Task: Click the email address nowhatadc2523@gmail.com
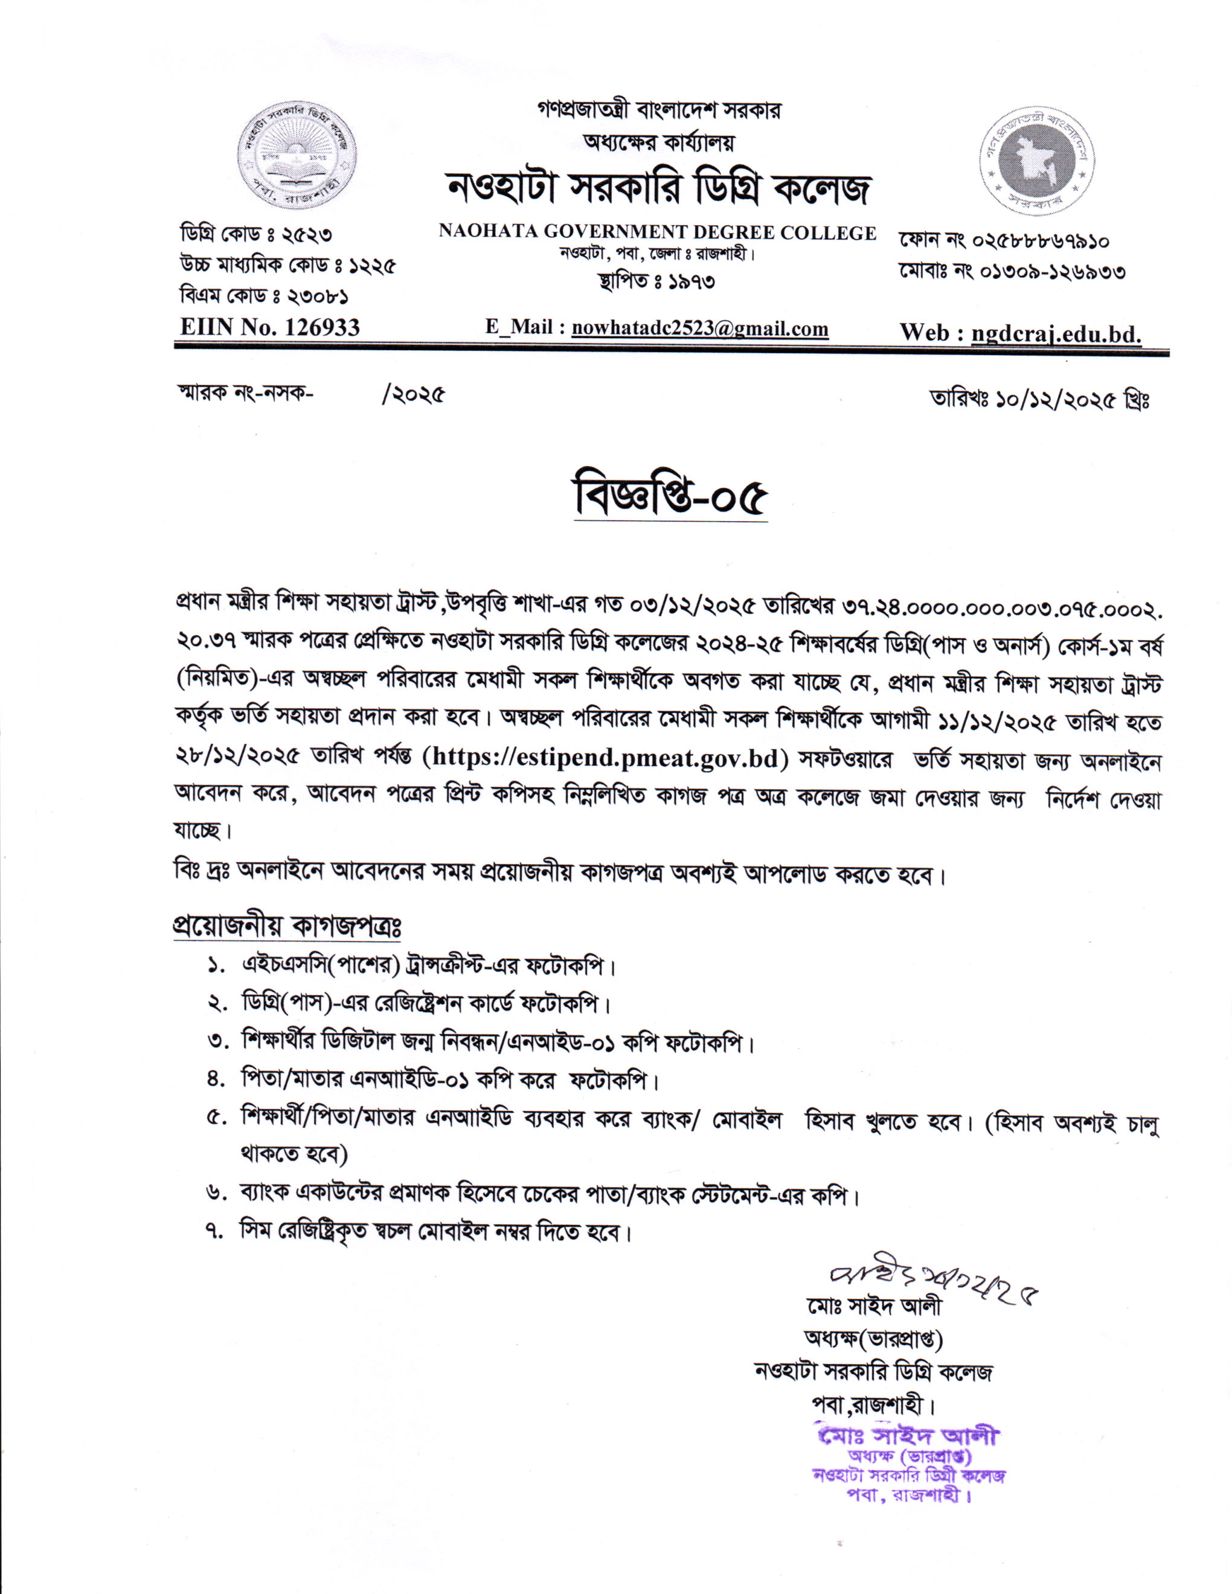[699, 328]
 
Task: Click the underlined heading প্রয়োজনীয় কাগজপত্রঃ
[287, 926]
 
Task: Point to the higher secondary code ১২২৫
[374, 266]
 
